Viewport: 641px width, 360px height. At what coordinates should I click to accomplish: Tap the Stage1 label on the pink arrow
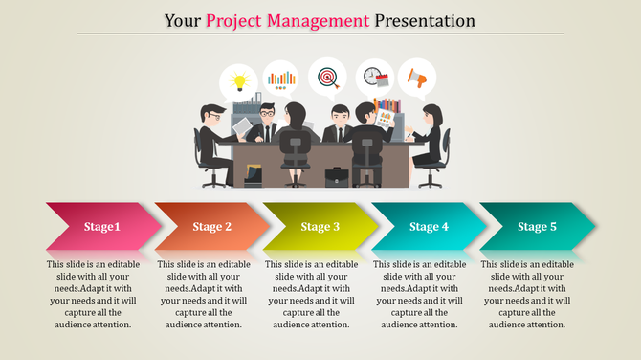(101, 227)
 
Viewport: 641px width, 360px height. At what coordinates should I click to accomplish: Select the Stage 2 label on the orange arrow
(211, 227)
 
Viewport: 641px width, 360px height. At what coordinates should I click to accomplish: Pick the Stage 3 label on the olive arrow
(320, 227)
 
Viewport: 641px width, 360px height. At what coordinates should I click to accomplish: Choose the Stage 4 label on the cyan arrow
(429, 227)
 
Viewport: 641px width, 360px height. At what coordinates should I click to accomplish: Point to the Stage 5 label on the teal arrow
(537, 227)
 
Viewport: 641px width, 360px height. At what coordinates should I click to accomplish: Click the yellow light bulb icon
(238, 79)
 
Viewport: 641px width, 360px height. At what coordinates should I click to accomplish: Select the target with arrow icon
(327, 75)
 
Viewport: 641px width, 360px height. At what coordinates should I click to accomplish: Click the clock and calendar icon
(372, 77)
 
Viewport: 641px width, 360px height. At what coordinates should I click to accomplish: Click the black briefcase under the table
(336, 177)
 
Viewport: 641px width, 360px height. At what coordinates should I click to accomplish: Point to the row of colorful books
(387, 104)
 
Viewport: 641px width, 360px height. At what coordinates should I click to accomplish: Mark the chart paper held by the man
(386, 120)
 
